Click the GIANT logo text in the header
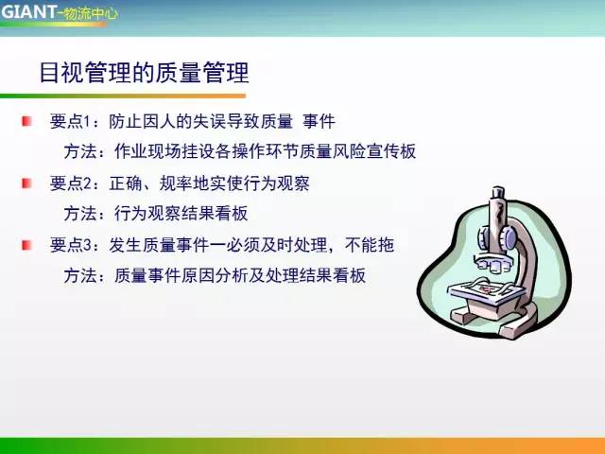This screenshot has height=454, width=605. tap(28, 11)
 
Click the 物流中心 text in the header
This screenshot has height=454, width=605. tap(90, 13)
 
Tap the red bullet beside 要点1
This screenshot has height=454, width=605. tap(28, 121)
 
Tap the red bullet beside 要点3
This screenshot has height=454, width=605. tap(28, 244)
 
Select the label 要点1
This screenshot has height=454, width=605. tap(72, 122)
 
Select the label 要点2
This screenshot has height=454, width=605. tap(72, 183)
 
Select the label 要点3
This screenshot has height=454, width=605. tap(72, 245)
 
